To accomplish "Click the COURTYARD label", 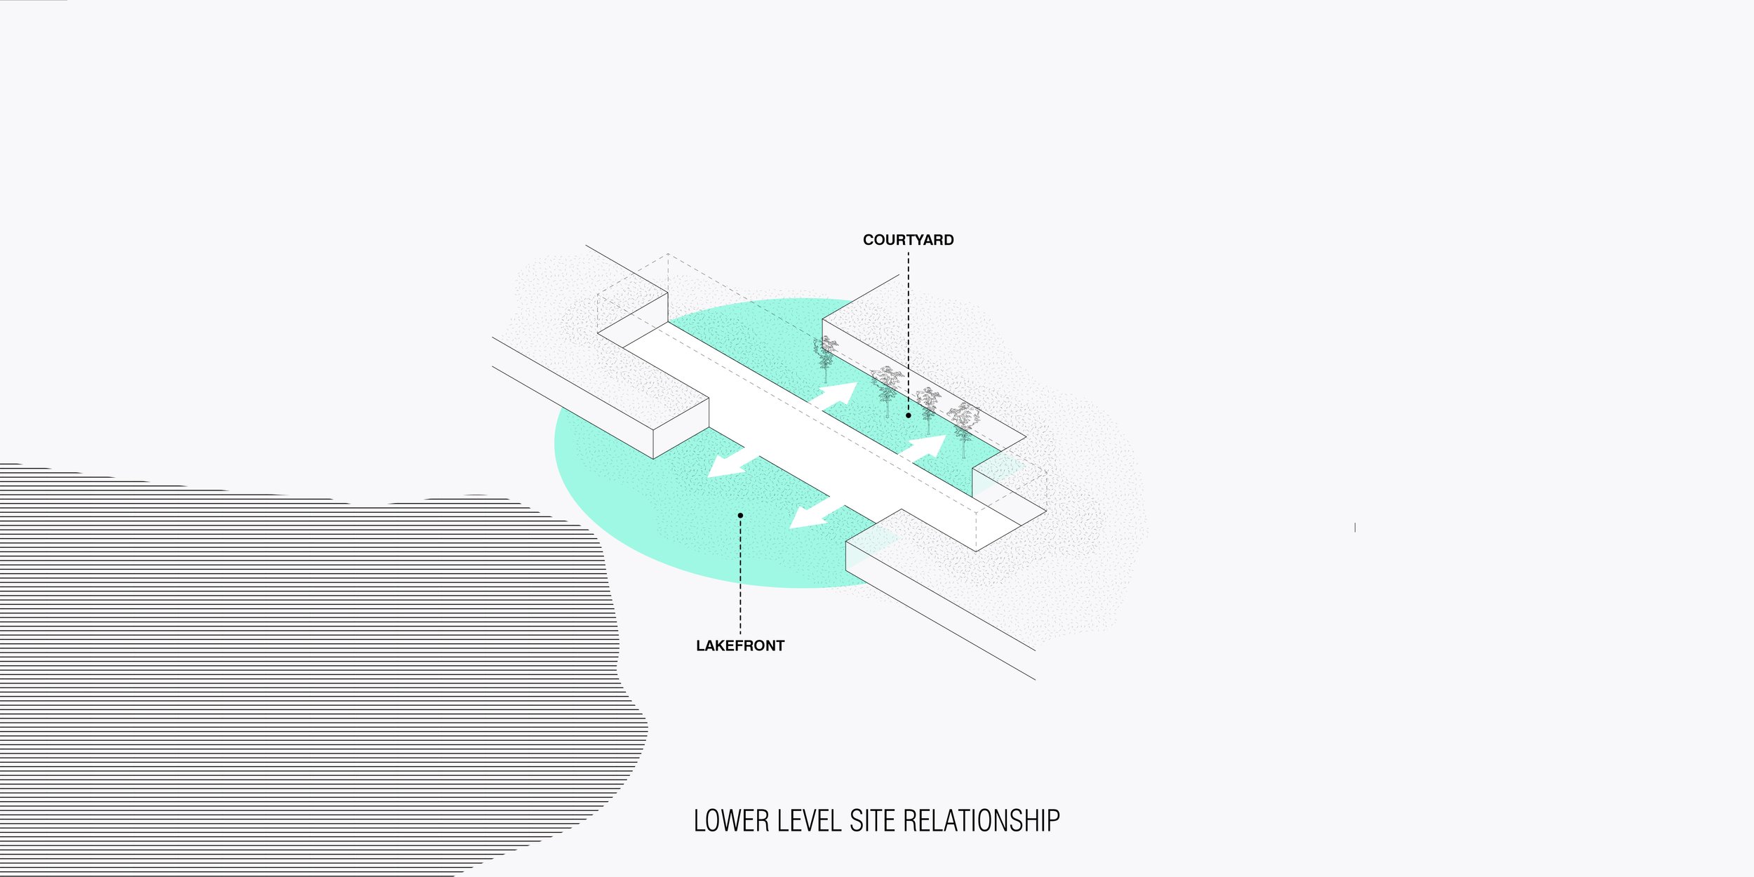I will click(908, 240).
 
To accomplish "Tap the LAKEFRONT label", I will click(739, 645).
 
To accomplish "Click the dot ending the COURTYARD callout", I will click(908, 415).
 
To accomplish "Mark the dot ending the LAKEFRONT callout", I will click(740, 516).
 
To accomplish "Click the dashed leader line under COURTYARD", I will click(908, 330).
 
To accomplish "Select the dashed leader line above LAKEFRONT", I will click(740, 575).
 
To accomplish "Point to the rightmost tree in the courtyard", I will click(963, 424).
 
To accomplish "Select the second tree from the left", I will click(887, 387).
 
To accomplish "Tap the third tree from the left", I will click(928, 407).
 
